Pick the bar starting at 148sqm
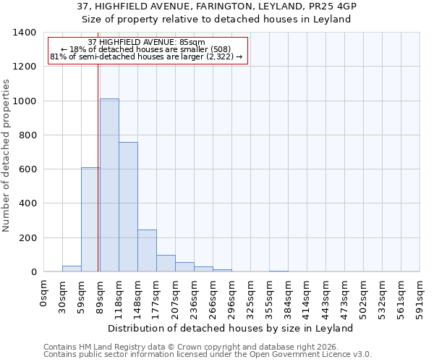pos(147,251)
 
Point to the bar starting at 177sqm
pos(166,264)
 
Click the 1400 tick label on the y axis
pos(25,33)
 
